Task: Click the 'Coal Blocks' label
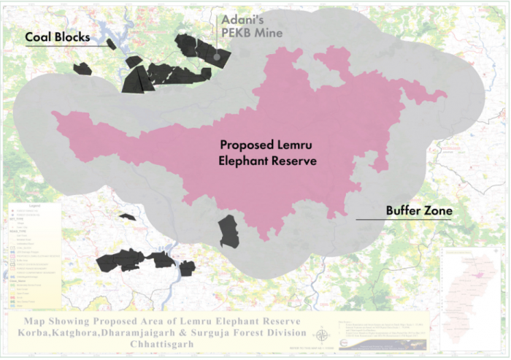[x=58, y=37]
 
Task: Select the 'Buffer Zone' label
[x=418, y=211]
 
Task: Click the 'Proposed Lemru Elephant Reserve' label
[x=268, y=153]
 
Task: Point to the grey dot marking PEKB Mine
[x=217, y=55]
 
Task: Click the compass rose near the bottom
[x=320, y=336]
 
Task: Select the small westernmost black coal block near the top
[x=82, y=69]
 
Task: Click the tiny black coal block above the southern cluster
[x=128, y=217]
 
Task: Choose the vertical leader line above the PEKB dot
[x=217, y=33]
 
